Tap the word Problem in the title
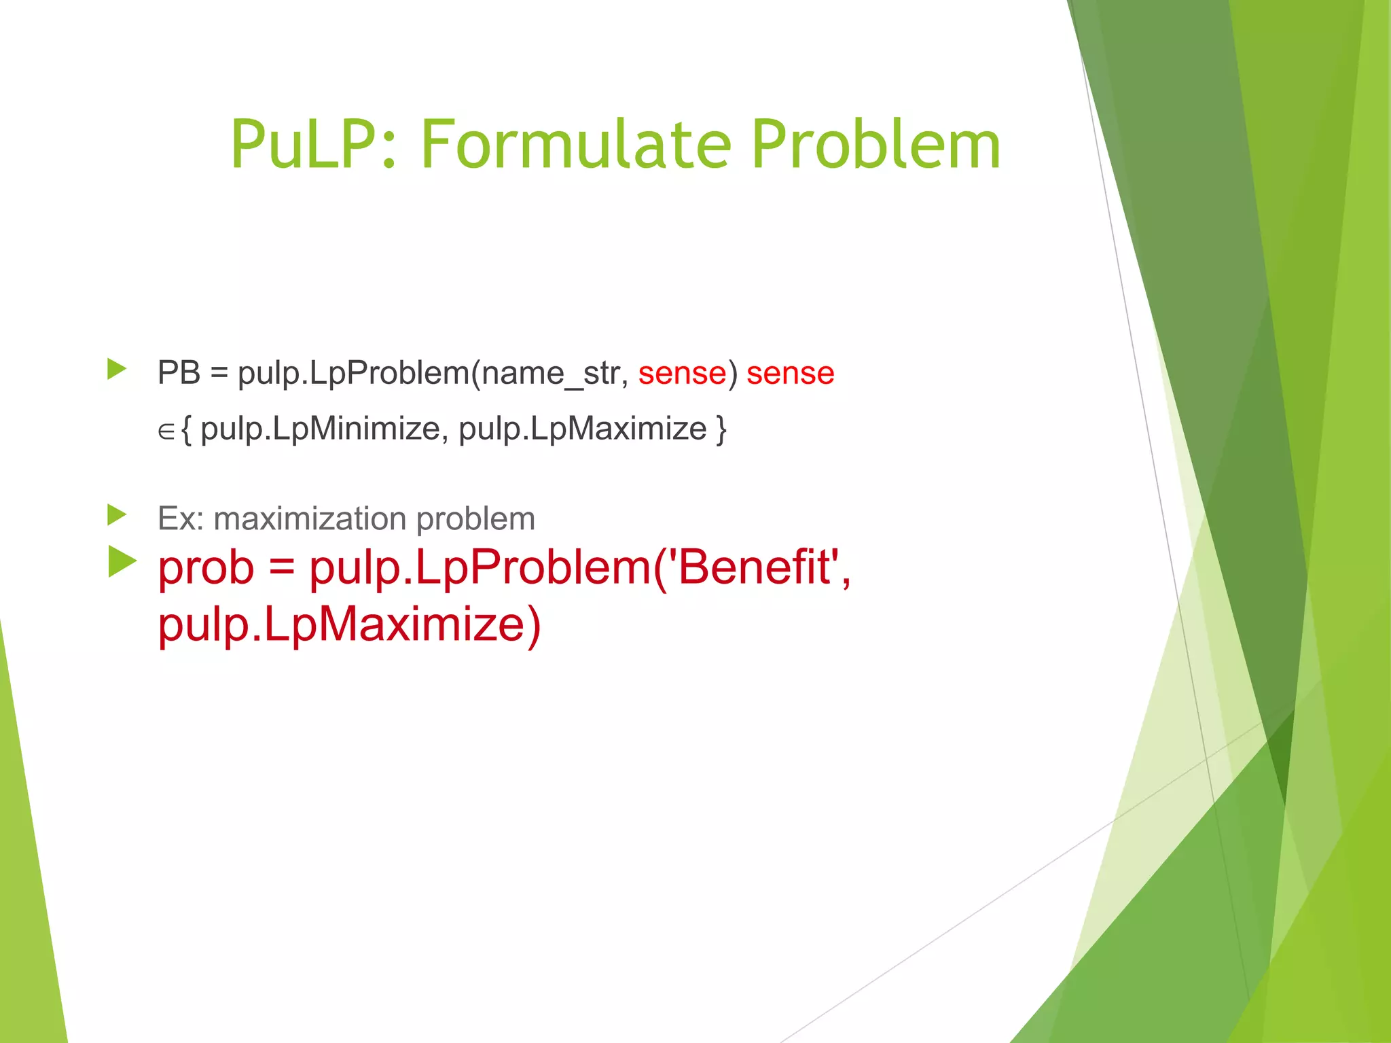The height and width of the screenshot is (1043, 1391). pos(875,145)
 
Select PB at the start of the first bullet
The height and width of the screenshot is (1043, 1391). pos(179,373)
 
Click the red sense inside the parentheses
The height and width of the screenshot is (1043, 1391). pos(682,373)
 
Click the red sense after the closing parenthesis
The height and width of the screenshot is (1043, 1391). pos(790,373)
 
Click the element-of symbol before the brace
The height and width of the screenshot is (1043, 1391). pos(166,431)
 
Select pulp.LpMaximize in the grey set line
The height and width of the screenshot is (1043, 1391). pos(582,429)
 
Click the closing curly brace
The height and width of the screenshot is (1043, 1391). pos(721,429)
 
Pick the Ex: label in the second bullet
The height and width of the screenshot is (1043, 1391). pos(180,518)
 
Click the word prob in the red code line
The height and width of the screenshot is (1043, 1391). pos(206,567)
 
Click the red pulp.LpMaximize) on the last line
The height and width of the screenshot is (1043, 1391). pos(349,624)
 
